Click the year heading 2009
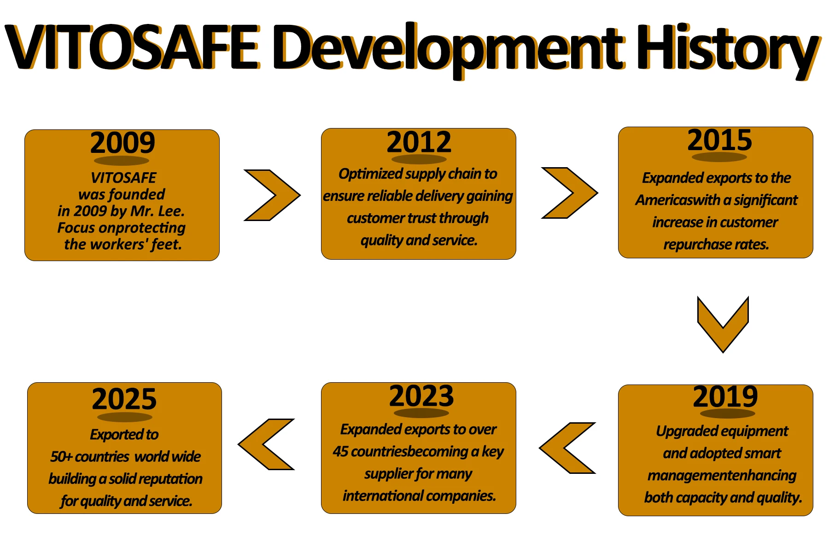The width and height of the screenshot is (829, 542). tap(123, 143)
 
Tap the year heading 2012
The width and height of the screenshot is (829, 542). tap(419, 142)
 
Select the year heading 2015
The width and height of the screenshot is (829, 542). tap(719, 140)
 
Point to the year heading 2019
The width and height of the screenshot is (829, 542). tap(725, 396)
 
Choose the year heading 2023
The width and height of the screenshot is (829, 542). tap(421, 396)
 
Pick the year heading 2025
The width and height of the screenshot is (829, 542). tap(124, 399)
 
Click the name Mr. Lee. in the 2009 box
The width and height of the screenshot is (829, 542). tap(158, 211)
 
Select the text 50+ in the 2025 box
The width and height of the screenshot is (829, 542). tap(61, 457)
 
